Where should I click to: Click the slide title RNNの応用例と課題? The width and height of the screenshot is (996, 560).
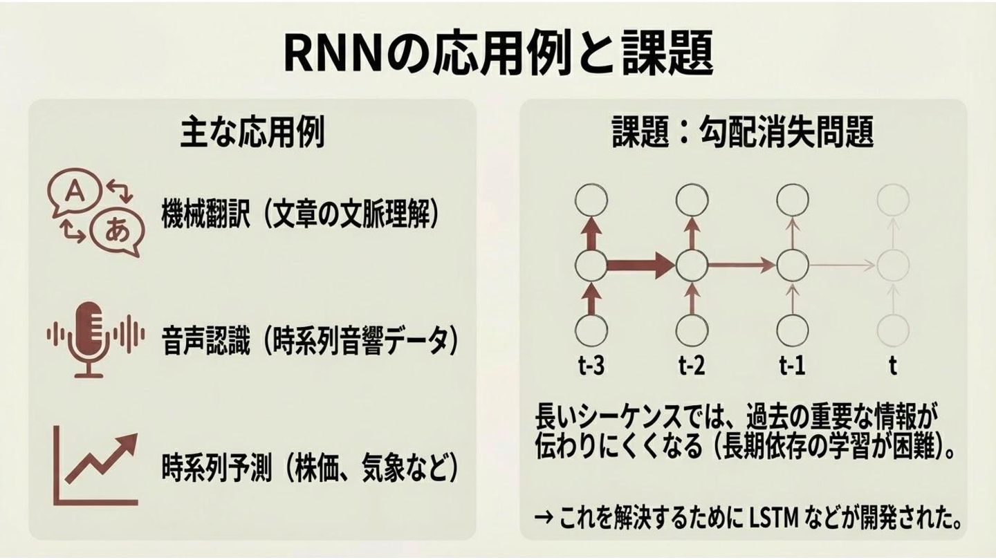(x=498, y=53)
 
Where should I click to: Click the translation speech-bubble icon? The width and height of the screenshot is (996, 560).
(x=95, y=212)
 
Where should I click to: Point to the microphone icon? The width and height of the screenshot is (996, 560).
(x=89, y=338)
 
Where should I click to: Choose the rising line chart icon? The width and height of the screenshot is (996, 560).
(x=98, y=465)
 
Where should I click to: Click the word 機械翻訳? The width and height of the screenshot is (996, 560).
(x=198, y=214)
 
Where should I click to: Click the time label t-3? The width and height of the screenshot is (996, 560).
(x=591, y=365)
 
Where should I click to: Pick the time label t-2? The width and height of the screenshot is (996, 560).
(x=691, y=365)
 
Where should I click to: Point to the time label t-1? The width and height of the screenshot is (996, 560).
(x=791, y=365)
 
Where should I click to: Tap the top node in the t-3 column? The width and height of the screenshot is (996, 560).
(x=591, y=200)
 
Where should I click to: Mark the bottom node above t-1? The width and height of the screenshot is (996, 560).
(x=792, y=329)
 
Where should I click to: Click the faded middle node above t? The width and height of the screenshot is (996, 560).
(x=892, y=264)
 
